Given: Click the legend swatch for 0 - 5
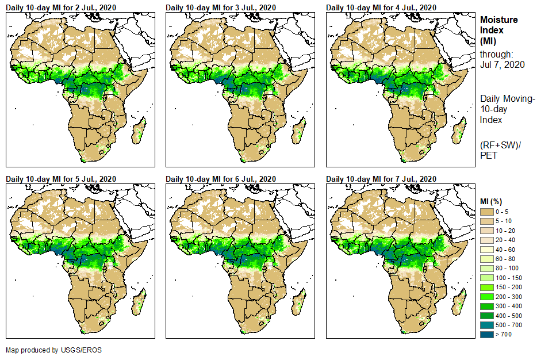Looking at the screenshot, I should tap(487, 212).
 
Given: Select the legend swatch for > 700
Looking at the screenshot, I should tap(487, 334).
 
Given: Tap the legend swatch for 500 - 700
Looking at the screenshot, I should tap(487, 324).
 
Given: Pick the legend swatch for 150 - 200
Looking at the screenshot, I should tap(487, 287).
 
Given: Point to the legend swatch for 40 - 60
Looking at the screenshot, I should tap(487, 250).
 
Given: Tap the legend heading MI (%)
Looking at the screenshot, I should tap(492, 201).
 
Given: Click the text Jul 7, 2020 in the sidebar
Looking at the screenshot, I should tap(503, 65).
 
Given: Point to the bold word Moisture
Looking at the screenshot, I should tap(499, 20).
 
